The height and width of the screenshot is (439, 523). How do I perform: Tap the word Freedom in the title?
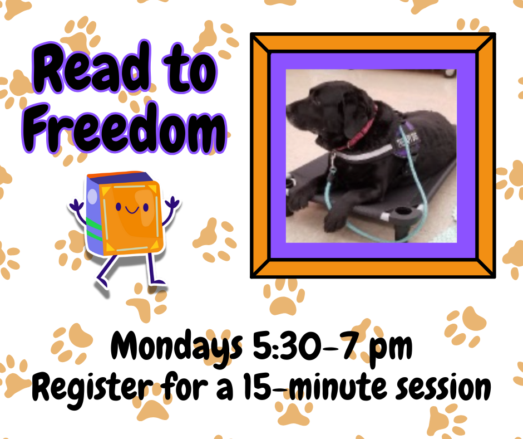(125, 129)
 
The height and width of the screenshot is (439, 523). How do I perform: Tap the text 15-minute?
(301, 386)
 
